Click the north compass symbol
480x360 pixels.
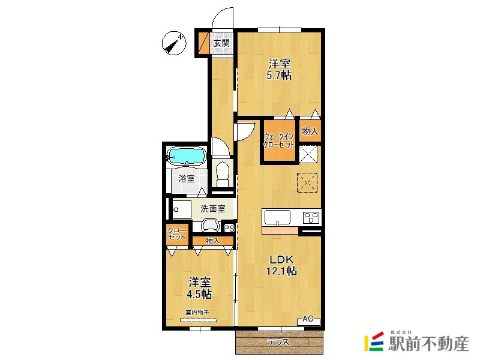coord(174,43)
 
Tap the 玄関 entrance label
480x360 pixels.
coord(221,43)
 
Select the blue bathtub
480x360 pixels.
coord(186,157)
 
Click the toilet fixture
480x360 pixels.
coord(223,173)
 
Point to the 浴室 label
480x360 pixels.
coord(187,178)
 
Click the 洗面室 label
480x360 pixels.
coord(213,209)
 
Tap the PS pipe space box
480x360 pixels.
coord(229,229)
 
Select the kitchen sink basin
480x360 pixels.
coord(278,217)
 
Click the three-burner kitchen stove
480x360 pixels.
coord(311,217)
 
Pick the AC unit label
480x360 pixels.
coord(308,320)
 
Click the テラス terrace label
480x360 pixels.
coord(278,341)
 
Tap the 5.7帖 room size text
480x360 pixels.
coord(279,76)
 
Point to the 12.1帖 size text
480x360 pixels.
coord(281,271)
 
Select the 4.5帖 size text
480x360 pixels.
coord(199,294)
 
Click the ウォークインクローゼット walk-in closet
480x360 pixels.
coord(279,140)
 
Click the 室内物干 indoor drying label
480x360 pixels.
coord(197,313)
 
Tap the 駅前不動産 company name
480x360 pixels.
coord(428,343)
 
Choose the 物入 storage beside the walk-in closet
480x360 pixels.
coord(310,131)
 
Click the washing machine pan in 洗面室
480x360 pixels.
coord(182,209)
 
